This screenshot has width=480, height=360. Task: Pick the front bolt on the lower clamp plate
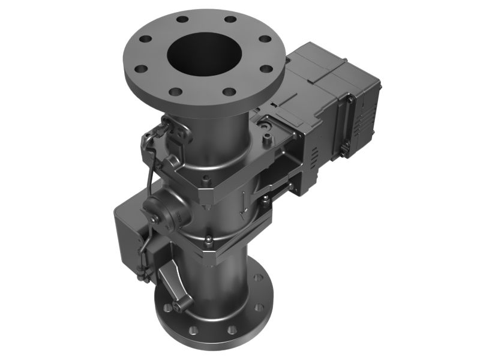[x=207, y=242]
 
